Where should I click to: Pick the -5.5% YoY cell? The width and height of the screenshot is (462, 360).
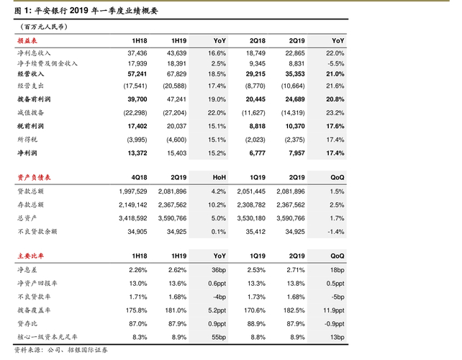[x=335, y=63]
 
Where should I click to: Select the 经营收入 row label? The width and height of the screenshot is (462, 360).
[x=29, y=73]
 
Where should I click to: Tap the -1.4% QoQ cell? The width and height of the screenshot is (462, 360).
[x=335, y=232]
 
